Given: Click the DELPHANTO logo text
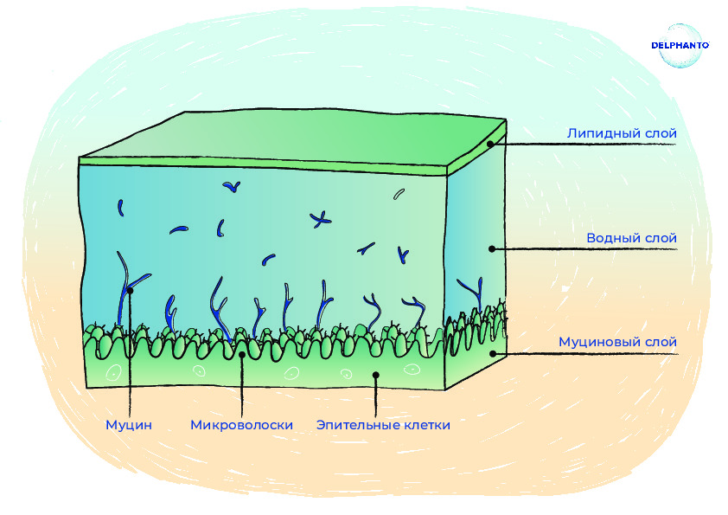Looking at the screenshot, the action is pos(680,45).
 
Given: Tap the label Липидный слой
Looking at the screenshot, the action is pos(622,133).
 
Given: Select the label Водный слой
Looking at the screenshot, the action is pos(631,238).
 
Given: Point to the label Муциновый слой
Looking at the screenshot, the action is pos(617,342).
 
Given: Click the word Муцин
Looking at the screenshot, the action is pos(129,425).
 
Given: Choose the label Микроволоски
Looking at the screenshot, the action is pos(241,425).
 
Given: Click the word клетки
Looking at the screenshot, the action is pos(427,425).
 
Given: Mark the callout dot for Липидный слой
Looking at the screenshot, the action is pos(490,144).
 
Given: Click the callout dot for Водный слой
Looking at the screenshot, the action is pos(492,249).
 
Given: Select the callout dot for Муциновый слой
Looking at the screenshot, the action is pos(493,354).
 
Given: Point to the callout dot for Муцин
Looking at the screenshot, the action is pos(130,291).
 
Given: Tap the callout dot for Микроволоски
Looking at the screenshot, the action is pos(242,355).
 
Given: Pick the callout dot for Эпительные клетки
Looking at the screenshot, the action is pos(376,375).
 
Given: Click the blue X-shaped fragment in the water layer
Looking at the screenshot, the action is pos(321,219).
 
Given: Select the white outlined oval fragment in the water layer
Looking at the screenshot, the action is pos(399,194).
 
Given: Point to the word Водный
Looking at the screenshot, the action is pos(609,238).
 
